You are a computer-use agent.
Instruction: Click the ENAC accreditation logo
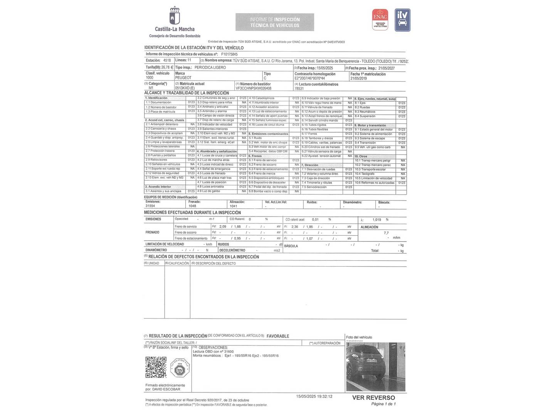[380, 20]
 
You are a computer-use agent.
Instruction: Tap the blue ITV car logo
[402, 20]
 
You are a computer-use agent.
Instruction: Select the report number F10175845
[229, 54]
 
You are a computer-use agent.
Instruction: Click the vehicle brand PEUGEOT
[183, 78]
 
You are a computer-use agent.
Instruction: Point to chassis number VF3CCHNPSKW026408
[253, 88]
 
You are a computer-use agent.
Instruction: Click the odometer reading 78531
[299, 88]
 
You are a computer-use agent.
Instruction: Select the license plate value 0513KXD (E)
[185, 88]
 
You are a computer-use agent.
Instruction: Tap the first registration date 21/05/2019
[358, 78]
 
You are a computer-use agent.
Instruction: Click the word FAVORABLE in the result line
[277, 336]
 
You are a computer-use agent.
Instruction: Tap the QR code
[156, 367]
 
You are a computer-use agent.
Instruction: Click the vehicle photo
[375, 367]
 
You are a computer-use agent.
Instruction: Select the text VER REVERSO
[373, 398]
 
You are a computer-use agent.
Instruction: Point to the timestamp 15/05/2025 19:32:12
[314, 396]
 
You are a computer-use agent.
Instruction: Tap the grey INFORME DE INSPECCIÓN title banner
[274, 22]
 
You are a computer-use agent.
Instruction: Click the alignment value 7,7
[386, 233]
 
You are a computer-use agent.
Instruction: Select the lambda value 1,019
[377, 220]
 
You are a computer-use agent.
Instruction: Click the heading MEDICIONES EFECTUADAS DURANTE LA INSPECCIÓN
[192, 213]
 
